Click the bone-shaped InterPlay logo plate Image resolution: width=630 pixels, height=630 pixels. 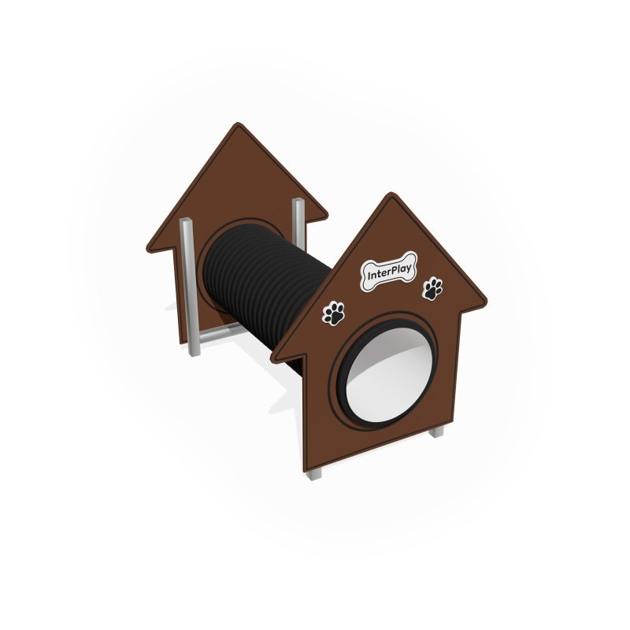pyautogui.click(x=388, y=272)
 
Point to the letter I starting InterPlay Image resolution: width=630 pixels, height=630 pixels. pyautogui.click(x=368, y=279)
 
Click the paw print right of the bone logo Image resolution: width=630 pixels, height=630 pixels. pyautogui.click(x=432, y=288)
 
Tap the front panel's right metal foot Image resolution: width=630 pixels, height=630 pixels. pyautogui.click(x=437, y=432)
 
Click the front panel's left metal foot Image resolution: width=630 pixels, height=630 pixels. pyautogui.click(x=314, y=473)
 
